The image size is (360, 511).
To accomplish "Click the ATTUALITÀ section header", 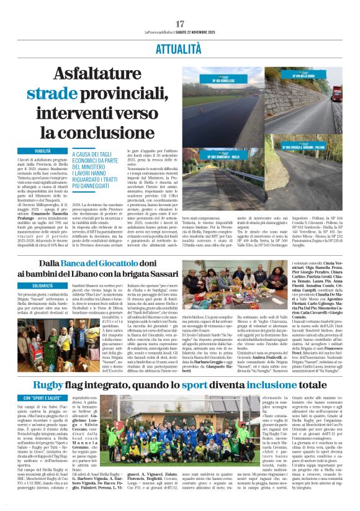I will [x=180, y=47].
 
